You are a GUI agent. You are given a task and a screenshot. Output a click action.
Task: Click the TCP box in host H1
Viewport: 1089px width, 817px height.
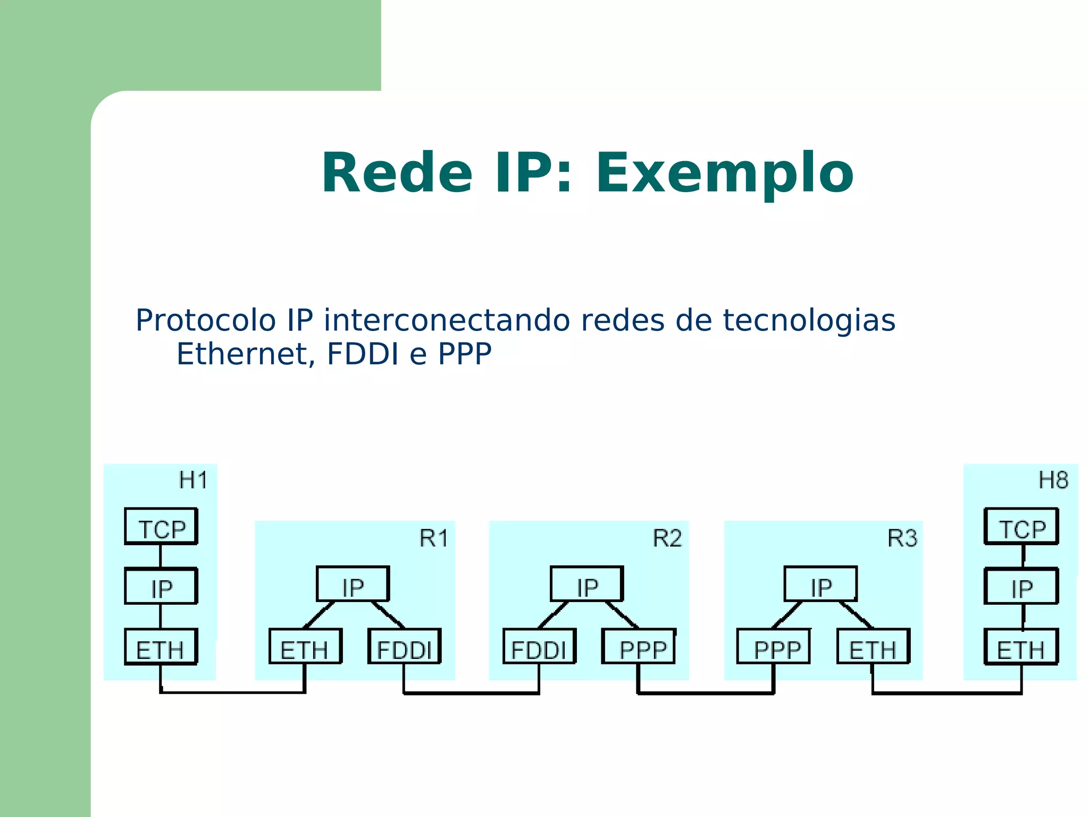(161, 527)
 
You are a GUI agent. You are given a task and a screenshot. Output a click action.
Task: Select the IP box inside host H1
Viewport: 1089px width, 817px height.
(161, 586)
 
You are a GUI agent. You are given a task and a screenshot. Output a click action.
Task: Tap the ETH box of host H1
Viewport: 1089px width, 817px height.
(161, 647)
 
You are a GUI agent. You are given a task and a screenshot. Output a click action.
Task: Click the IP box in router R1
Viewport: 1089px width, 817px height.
(353, 585)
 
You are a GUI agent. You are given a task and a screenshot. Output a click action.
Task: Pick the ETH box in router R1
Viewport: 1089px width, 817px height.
(305, 647)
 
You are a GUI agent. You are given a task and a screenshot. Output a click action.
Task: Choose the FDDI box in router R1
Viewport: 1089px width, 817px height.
(405, 647)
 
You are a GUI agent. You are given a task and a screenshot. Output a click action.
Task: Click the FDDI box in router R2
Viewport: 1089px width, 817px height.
(539, 647)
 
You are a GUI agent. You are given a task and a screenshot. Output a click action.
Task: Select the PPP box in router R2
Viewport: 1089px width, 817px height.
(639, 647)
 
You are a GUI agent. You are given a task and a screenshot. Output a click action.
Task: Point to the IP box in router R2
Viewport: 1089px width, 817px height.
(587, 585)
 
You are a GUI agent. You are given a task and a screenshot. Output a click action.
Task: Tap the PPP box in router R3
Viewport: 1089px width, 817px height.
(774, 647)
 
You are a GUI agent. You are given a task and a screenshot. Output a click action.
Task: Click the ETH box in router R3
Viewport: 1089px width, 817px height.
(873, 647)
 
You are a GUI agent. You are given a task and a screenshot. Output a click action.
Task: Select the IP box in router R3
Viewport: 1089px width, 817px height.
(821, 585)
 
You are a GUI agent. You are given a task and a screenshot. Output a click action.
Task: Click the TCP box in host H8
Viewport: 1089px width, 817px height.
(1021, 527)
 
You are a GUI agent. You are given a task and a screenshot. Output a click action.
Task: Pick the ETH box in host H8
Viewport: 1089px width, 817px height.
(1021, 647)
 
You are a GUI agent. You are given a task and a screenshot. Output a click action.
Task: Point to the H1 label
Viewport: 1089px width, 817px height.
(193, 480)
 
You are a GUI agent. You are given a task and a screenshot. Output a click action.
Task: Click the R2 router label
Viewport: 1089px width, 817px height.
(667, 538)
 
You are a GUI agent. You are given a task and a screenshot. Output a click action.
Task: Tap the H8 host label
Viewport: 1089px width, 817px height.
(1053, 480)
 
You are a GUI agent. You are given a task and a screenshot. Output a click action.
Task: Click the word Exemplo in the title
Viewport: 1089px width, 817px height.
(725, 173)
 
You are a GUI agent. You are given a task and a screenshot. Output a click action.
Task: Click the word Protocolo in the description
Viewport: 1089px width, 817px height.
(205, 320)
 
